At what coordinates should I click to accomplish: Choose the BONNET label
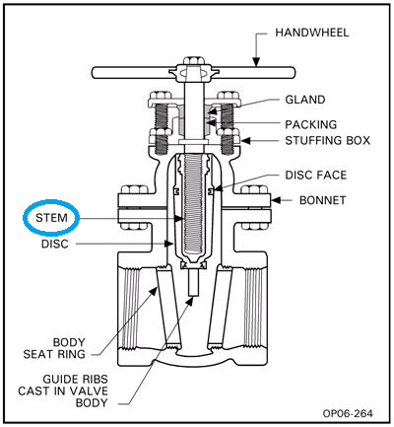coord(313,199)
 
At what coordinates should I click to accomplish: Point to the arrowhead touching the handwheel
coord(254,64)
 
